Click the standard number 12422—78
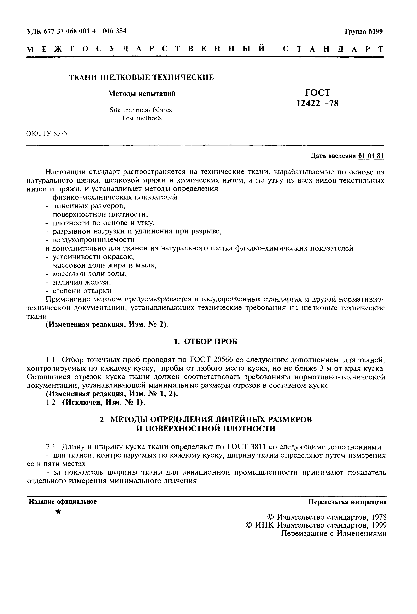[x=317, y=103]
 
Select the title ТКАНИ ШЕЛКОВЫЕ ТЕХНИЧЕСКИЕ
[x=141, y=77]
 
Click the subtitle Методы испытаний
[x=142, y=94]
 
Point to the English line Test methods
[x=141, y=118]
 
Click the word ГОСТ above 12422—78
[x=317, y=92]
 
